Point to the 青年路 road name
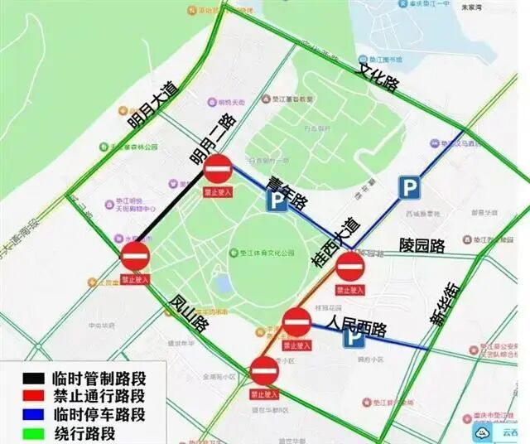tap(287, 189)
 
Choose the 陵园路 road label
tap(422, 245)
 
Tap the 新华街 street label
tap(448, 303)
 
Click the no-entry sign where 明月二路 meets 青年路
tap(218, 171)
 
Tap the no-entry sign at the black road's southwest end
tap(135, 257)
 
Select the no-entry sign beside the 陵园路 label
tap(350, 268)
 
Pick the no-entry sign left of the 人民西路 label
tap(297, 321)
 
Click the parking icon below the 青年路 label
tap(277, 201)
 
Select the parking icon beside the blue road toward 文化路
tap(408, 188)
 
